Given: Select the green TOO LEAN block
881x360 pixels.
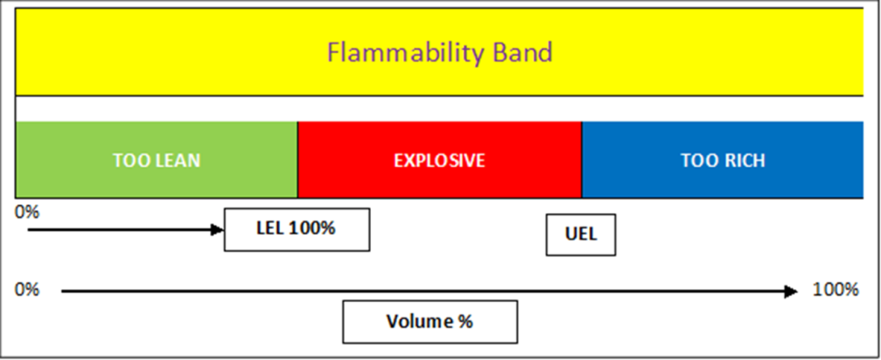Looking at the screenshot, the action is pos(156,160).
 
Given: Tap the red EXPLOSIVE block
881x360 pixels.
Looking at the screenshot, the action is pos(440,160).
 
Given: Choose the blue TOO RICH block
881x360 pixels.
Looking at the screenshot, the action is pos(722,160).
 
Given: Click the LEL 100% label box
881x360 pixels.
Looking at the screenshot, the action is pos(296,229).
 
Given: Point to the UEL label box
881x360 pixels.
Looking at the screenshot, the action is pos(581,235).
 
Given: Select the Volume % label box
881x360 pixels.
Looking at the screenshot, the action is pos(430,322).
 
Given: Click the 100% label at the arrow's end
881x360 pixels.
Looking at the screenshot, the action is pos(836,290).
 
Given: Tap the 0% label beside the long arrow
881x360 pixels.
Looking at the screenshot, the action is pos(27,290).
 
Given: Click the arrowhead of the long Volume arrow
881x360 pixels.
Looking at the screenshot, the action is pos(791,291).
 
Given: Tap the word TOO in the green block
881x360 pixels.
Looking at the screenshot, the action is pos(128,161).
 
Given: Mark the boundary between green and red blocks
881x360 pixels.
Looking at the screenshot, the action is pos(297,160).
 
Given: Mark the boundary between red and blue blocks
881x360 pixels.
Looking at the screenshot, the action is pos(582,160).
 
